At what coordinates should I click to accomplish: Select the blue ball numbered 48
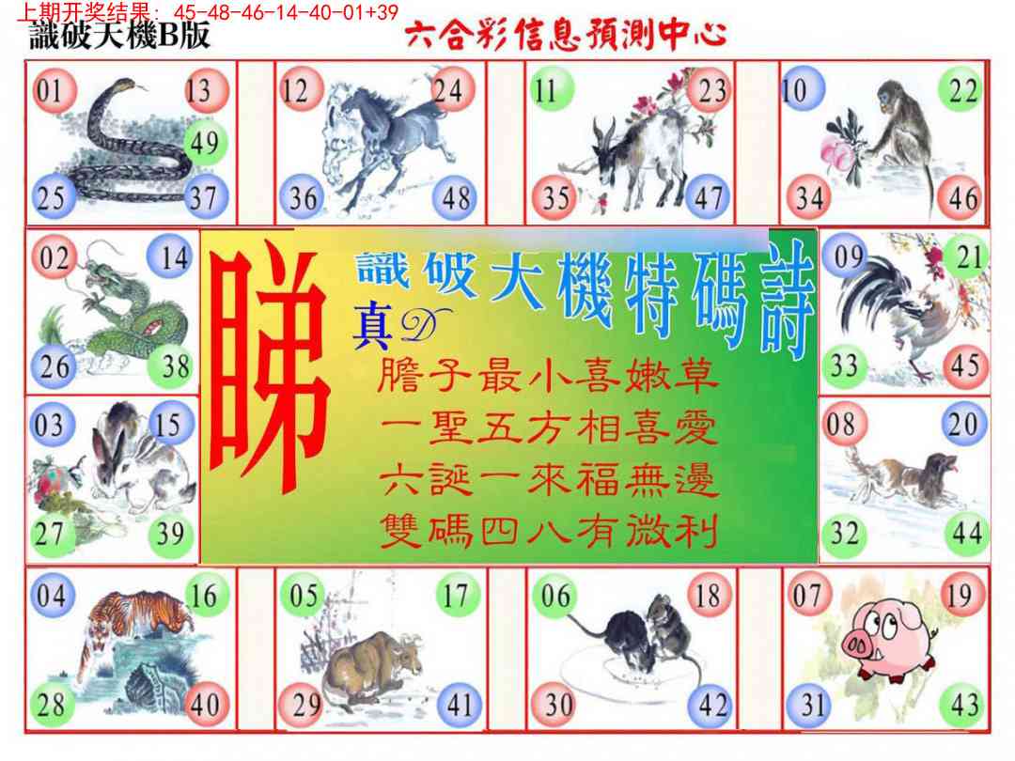pos(456,198)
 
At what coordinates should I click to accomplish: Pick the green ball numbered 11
pos(547,90)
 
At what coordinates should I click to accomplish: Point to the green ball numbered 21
pos(968,256)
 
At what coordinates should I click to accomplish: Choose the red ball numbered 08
pos(841,425)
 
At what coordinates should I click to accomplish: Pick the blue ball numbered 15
pos(169,425)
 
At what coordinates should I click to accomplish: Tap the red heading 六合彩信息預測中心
pos(565,36)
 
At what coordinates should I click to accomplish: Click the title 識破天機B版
pos(118,37)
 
